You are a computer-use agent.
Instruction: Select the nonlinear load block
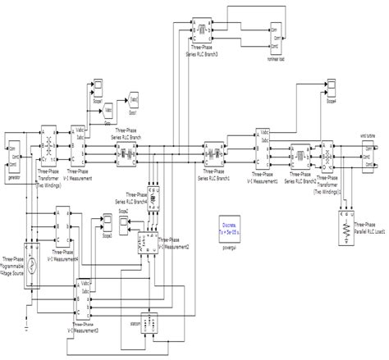click(x=280, y=36)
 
